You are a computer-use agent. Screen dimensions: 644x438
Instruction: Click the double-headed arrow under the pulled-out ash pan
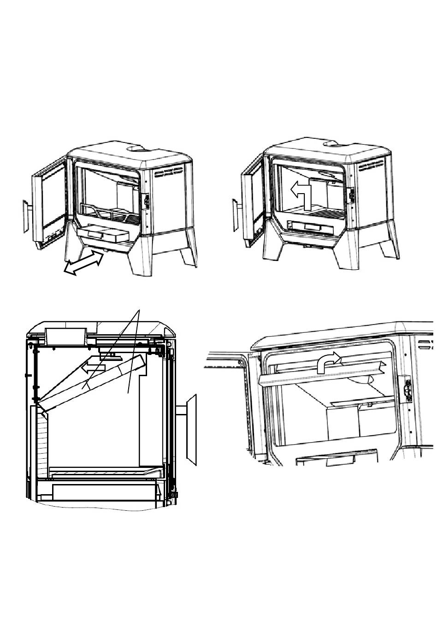tap(83, 263)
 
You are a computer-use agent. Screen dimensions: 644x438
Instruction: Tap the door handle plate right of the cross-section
tap(191, 428)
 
